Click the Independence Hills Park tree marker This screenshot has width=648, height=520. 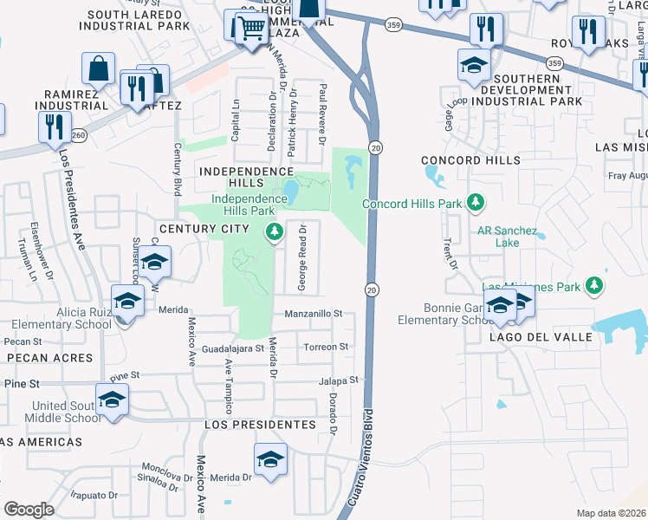[275, 231]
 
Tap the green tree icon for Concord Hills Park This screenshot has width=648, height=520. [474, 203]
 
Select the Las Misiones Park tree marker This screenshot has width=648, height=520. [593, 284]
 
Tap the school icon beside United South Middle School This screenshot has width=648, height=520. [112, 400]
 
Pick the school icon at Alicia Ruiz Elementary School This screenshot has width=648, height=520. [127, 302]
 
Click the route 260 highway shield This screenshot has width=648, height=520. [80, 135]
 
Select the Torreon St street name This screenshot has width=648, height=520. [325, 347]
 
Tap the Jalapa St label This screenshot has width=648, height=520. [338, 380]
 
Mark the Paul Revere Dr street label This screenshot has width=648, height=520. [321, 114]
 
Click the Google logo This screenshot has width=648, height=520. [29, 510]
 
